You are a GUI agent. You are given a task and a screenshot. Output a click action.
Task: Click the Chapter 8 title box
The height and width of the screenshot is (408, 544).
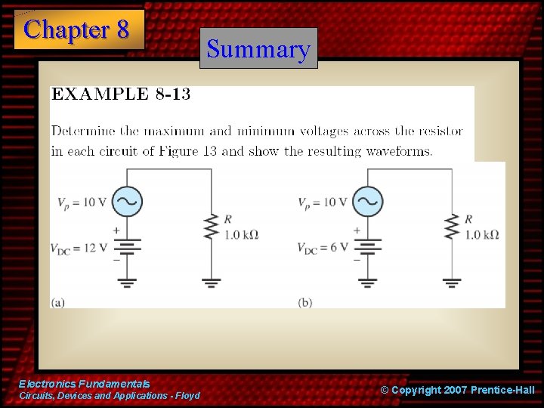pos(78,30)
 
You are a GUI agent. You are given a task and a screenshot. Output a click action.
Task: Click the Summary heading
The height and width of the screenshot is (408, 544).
pos(258,49)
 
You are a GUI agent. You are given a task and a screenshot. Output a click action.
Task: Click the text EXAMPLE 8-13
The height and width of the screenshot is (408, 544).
pos(121,94)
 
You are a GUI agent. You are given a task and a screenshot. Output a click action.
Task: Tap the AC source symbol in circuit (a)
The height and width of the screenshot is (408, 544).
pos(127,202)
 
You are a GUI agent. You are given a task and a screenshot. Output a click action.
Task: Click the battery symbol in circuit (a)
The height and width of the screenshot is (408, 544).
pos(127,246)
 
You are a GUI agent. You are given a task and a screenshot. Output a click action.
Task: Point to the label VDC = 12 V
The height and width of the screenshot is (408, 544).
pos(79,247)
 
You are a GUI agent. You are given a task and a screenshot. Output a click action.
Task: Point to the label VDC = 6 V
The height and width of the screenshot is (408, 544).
pos(323,247)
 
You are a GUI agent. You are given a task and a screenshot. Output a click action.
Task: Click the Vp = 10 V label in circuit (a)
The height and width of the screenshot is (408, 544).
pos(82,202)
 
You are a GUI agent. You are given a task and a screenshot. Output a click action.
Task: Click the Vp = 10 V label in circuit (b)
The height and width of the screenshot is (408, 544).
pos(323,202)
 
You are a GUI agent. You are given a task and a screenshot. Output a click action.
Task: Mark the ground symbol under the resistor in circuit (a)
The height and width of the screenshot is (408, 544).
pos(211,283)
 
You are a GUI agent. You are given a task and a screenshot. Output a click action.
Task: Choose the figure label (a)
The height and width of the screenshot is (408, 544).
pos(58,302)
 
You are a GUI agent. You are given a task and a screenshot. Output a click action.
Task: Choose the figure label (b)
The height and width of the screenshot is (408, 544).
pos(305,302)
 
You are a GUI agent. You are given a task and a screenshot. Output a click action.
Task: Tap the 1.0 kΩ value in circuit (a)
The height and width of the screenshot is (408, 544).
pos(242,235)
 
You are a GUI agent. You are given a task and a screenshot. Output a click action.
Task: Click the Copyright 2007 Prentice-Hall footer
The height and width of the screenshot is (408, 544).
pos(457,390)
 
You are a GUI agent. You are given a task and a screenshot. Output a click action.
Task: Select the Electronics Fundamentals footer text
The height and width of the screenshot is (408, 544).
pos(85,385)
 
